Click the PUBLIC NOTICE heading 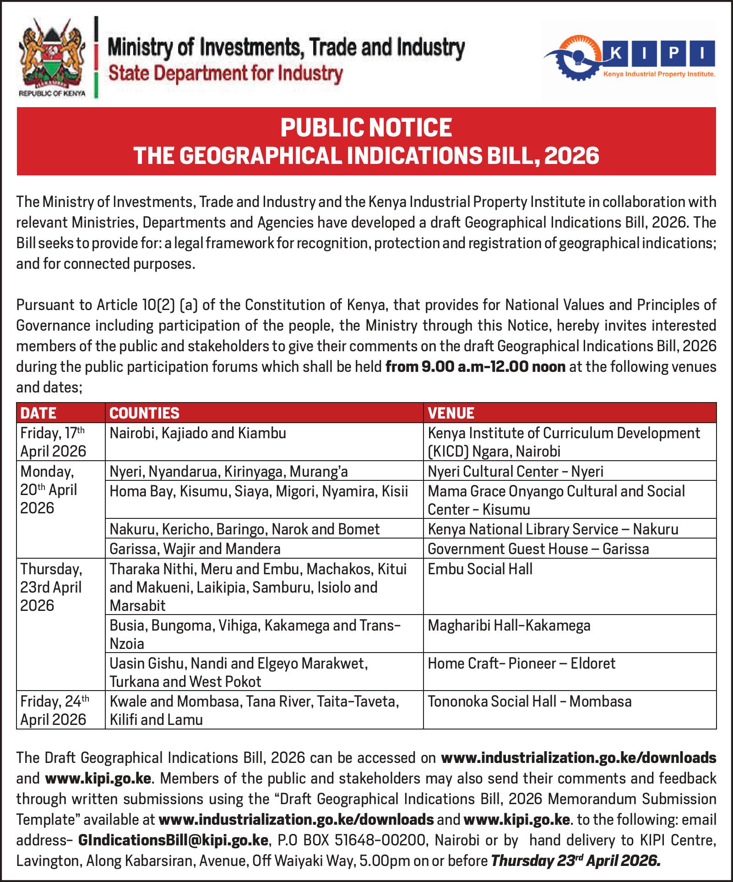tap(366, 127)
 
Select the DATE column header tap(38, 413)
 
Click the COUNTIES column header tap(145, 413)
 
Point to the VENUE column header tap(451, 413)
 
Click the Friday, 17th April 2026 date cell tap(53, 442)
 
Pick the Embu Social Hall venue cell tap(480, 569)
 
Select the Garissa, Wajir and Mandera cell tap(195, 549)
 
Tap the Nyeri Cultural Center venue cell tap(516, 471)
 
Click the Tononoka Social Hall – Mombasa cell tap(530, 702)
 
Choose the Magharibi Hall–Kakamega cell tap(509, 626)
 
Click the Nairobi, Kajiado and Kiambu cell tap(198, 433)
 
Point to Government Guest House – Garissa tap(538, 549)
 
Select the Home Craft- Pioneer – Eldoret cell tap(521, 664)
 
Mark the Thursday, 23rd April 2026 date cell tap(51, 588)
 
